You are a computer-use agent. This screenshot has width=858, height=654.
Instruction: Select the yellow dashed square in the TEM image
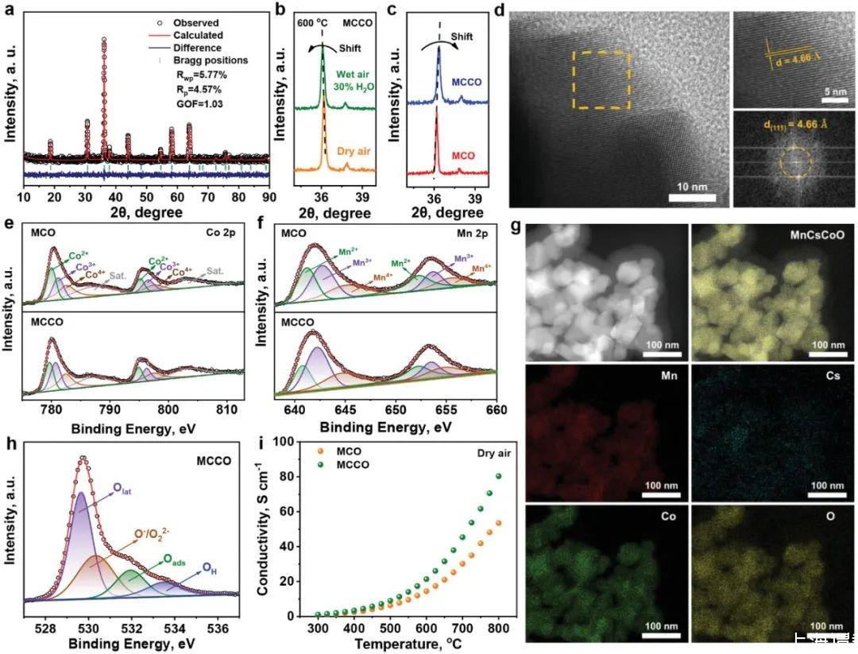pyautogui.click(x=601, y=80)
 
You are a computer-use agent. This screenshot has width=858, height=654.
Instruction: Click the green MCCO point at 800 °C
pyautogui.click(x=500, y=477)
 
